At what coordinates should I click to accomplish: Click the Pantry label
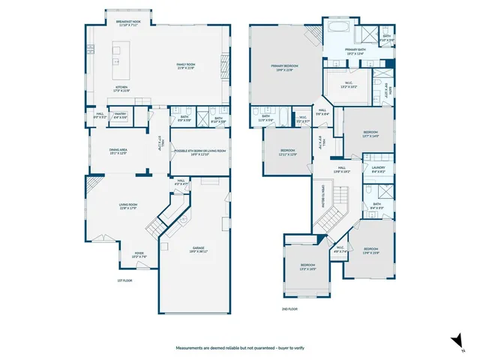click(119, 115)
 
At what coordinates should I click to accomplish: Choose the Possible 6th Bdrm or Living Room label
click(200, 151)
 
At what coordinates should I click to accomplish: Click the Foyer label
click(139, 254)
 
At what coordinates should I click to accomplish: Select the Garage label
click(198, 249)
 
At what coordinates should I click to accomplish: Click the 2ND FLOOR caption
click(289, 309)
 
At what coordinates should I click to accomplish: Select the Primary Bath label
click(355, 51)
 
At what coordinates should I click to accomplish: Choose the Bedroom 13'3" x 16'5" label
click(308, 266)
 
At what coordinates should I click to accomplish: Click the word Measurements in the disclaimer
click(191, 349)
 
